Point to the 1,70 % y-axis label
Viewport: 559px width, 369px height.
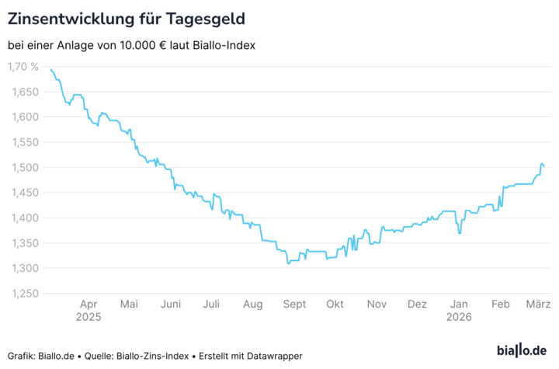click(x=23, y=67)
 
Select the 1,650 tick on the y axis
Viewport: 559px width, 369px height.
click(x=23, y=92)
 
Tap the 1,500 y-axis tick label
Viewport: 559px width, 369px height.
click(x=23, y=168)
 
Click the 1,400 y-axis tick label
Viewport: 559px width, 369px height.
click(x=23, y=218)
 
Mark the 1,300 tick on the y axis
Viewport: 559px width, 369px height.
click(x=23, y=269)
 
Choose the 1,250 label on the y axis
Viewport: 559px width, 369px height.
click(x=23, y=294)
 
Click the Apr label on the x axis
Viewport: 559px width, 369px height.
click(x=89, y=305)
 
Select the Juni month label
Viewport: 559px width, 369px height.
click(x=170, y=305)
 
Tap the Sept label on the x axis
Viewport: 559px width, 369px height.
click(x=294, y=305)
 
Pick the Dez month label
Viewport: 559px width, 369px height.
click(x=418, y=305)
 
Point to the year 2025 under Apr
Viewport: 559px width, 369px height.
click(x=89, y=317)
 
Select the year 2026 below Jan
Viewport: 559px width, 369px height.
click(x=460, y=317)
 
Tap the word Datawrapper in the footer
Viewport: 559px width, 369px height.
click(x=273, y=356)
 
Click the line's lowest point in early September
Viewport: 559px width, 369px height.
click(x=288, y=263)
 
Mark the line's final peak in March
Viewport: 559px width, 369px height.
click(x=542, y=164)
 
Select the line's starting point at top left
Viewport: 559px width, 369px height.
click(x=50, y=70)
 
